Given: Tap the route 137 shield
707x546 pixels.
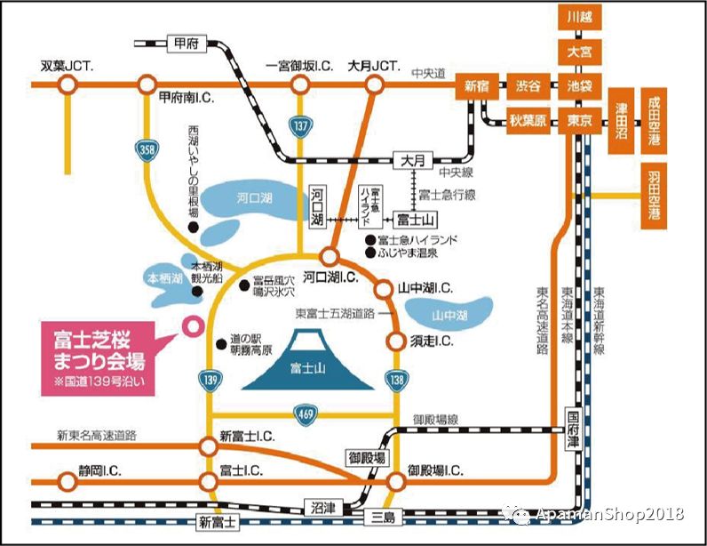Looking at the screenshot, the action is (302, 126).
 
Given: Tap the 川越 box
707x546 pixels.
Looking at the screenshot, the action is (579, 16).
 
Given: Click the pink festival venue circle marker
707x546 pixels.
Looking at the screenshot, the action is (189, 325).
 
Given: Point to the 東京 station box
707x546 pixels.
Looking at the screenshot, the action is (579, 119).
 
